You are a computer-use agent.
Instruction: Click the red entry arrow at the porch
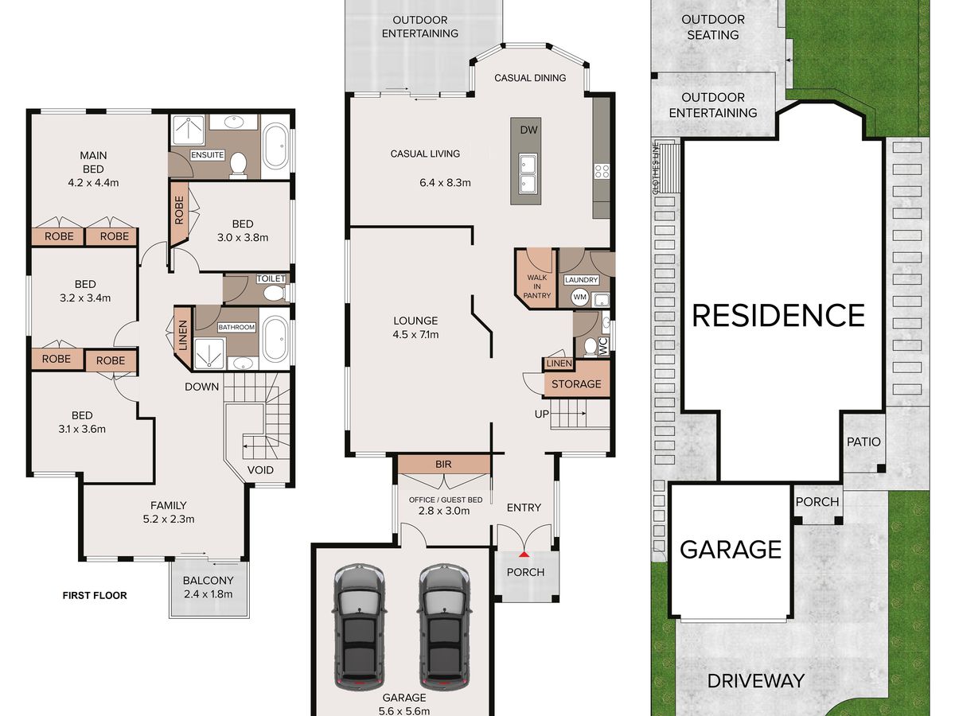(524, 555)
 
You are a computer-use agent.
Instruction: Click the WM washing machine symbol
(580, 298)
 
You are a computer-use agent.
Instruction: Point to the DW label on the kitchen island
(528, 130)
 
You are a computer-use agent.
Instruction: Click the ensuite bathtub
(276, 147)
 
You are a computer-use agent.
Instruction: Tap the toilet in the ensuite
(238, 165)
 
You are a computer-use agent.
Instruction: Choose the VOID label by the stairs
(260, 470)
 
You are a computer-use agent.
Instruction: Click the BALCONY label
(208, 581)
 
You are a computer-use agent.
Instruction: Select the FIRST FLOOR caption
(95, 596)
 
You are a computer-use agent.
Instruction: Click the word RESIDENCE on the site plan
(778, 315)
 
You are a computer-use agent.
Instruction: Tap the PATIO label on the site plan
(863, 442)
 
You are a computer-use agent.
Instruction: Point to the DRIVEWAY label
(756, 681)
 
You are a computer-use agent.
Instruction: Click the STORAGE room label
(576, 384)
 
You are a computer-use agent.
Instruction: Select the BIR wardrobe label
(443, 465)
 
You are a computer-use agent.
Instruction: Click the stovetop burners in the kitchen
(602, 171)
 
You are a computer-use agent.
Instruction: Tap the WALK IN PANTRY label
(537, 286)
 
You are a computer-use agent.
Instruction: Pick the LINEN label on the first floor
(183, 335)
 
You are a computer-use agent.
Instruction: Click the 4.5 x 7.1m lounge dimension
(415, 335)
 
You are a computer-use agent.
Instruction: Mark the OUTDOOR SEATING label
(713, 27)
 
